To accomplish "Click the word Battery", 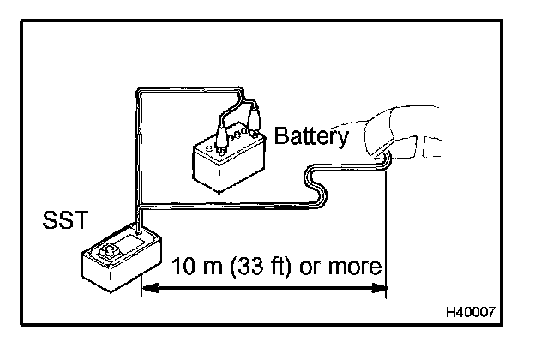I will click(x=311, y=136).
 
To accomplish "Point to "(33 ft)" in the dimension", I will click(x=261, y=267).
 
